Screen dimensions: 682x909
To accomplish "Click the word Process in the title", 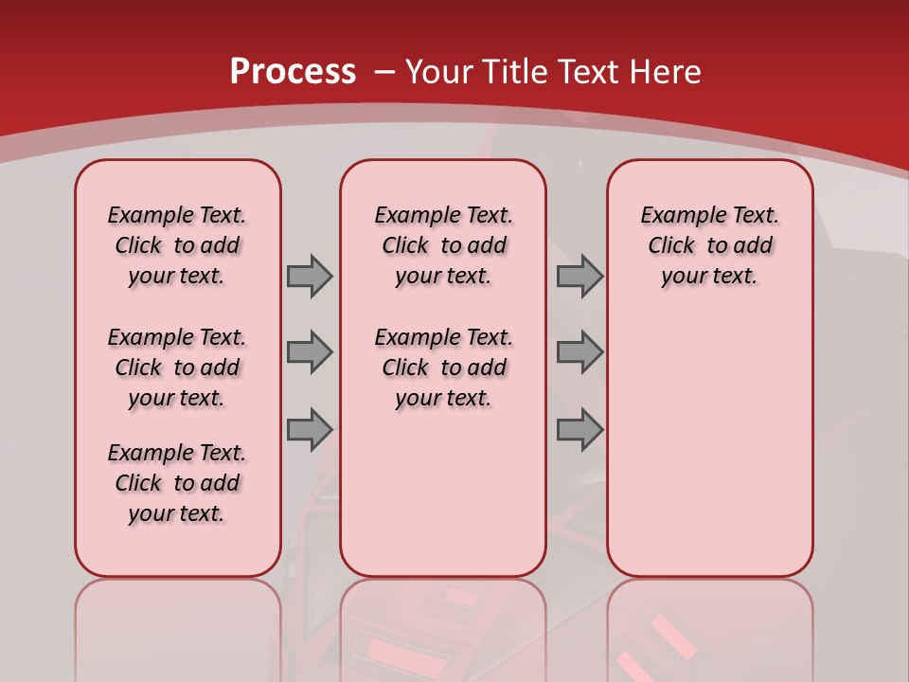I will point(293,71).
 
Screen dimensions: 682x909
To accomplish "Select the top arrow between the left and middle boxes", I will point(309,276).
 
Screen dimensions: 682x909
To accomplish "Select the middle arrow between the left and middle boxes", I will point(309,352).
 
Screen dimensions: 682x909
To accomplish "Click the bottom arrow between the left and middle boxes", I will point(309,429).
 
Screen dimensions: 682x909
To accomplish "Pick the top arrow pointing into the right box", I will point(579,276).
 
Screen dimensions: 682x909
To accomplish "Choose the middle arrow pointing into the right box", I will point(579,352).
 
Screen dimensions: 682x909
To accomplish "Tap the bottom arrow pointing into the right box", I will point(579,429).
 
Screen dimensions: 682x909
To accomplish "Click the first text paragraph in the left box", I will point(177,245).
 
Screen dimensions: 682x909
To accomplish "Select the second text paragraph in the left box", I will point(177,368).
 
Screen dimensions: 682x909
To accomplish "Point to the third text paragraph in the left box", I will point(177,483).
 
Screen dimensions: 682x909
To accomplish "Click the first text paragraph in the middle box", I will point(443,245).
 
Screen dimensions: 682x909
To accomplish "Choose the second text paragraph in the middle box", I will point(443,368).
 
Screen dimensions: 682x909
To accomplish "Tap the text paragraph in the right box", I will point(710,245).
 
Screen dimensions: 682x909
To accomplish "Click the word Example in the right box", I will point(678,215).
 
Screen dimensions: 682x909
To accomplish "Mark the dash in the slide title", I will point(384,72).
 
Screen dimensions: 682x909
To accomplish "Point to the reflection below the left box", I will point(178,625).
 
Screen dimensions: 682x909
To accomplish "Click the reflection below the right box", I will point(710,625).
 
